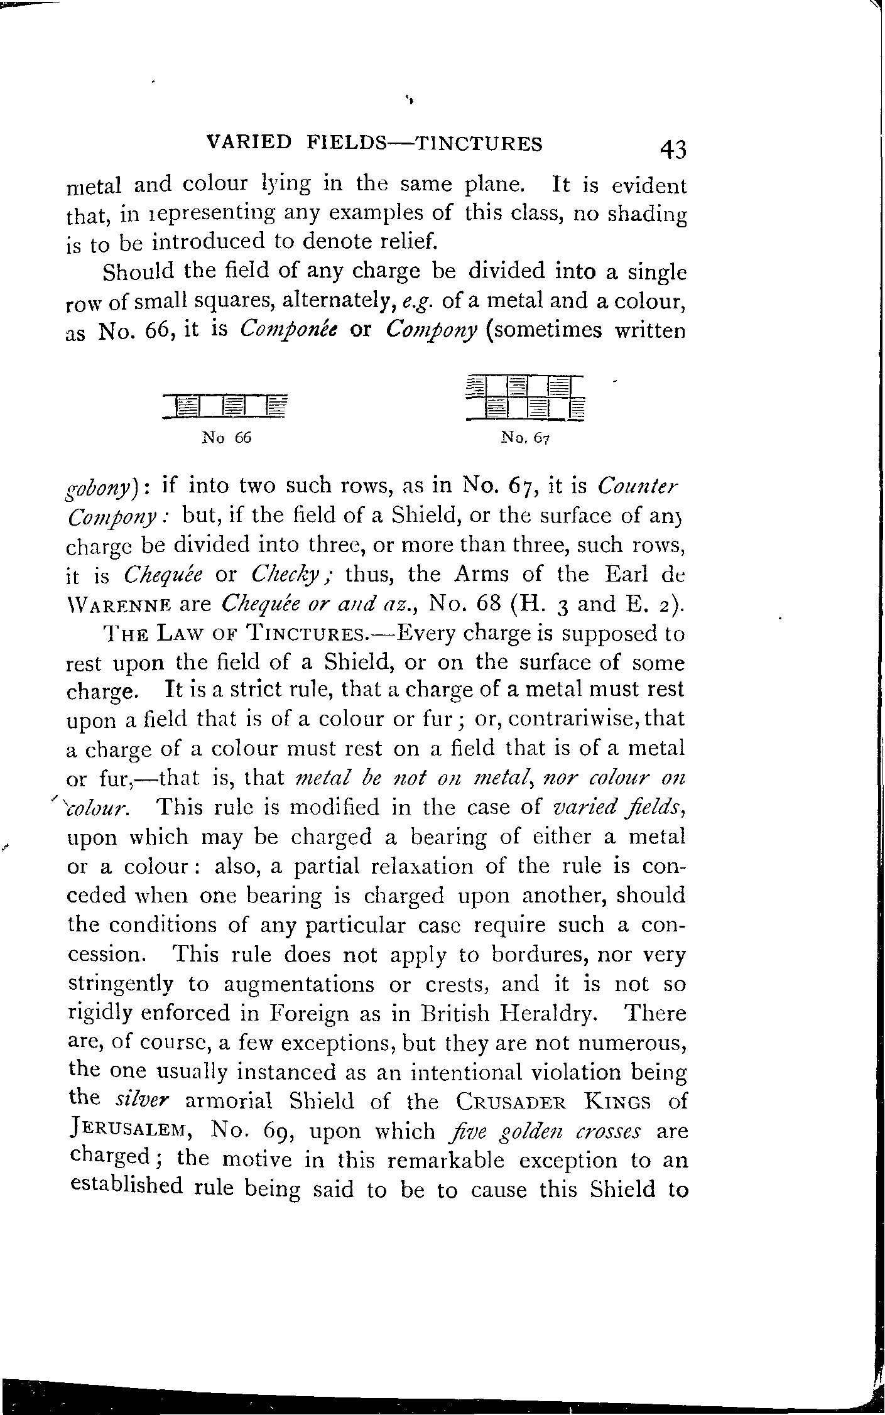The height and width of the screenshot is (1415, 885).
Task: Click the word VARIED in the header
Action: pyautogui.click(x=249, y=144)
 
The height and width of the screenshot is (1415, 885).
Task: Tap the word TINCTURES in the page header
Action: pyautogui.click(x=481, y=144)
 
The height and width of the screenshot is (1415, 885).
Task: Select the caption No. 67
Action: pyautogui.click(x=525, y=439)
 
